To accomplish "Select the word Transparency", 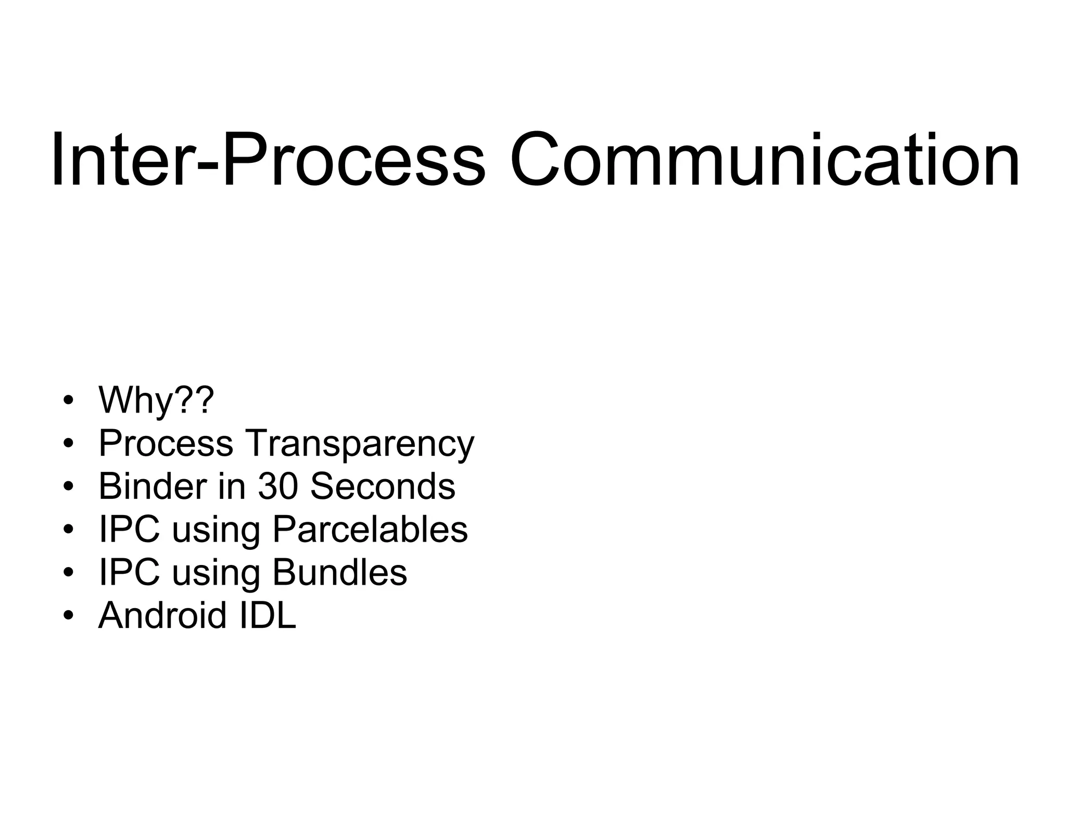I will (359, 444).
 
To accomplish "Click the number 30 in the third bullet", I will (278, 486).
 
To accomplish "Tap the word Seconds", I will (383, 486).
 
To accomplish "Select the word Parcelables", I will (370, 529).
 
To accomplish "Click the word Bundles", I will (339, 572).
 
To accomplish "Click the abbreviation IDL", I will (268, 615).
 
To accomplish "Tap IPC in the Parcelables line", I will (129, 529).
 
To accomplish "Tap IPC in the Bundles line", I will (129, 572).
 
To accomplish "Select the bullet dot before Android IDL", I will (68, 616).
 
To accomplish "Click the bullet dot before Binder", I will (68, 487).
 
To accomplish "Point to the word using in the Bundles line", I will (215, 574).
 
